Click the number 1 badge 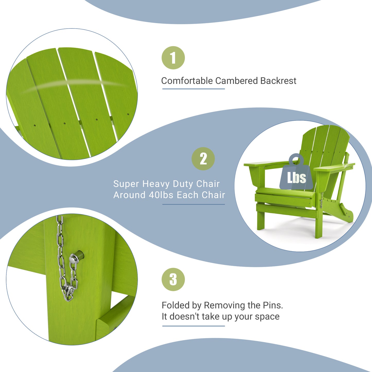(173, 58)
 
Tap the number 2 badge (203, 159)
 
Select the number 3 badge (173, 279)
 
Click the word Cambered (237, 81)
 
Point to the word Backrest (278, 81)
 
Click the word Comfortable (187, 81)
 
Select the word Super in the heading (126, 184)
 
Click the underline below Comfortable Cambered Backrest (193, 89)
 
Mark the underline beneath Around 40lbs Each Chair (193, 204)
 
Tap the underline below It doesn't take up (193, 326)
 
